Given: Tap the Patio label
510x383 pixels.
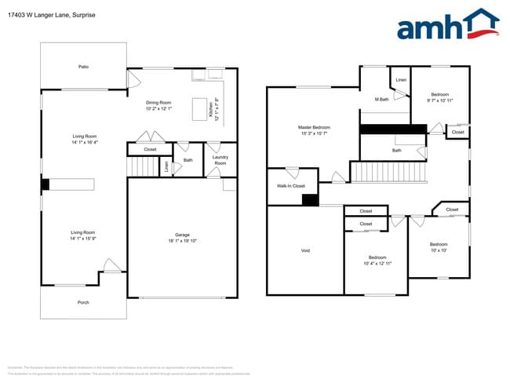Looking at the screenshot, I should pos(83,67).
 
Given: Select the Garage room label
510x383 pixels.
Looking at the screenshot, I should pos(182,235).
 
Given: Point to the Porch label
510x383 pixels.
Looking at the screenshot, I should pos(83,302).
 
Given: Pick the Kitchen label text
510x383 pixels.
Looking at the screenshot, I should pos(211,112).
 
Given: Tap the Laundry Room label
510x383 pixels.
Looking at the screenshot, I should pos(220,160).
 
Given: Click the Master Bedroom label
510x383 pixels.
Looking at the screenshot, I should pos(314,127).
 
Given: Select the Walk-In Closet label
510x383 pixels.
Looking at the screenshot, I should pos(290,186).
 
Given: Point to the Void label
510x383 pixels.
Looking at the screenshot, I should pos(305,250).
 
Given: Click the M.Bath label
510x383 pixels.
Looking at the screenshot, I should pos(382,100).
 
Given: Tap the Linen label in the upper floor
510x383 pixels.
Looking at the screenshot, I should pos(401,80).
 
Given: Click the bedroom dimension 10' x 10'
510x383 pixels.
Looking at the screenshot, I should pos(438,250).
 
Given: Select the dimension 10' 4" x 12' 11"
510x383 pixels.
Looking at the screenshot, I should pos(377,264).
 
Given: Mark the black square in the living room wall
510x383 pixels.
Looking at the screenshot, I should pos(46,184).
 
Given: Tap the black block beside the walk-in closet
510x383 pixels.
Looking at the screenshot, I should pos(310,199).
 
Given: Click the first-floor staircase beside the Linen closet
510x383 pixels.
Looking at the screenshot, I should pos(143,166).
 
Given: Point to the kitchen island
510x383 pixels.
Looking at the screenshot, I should pos(199,108).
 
